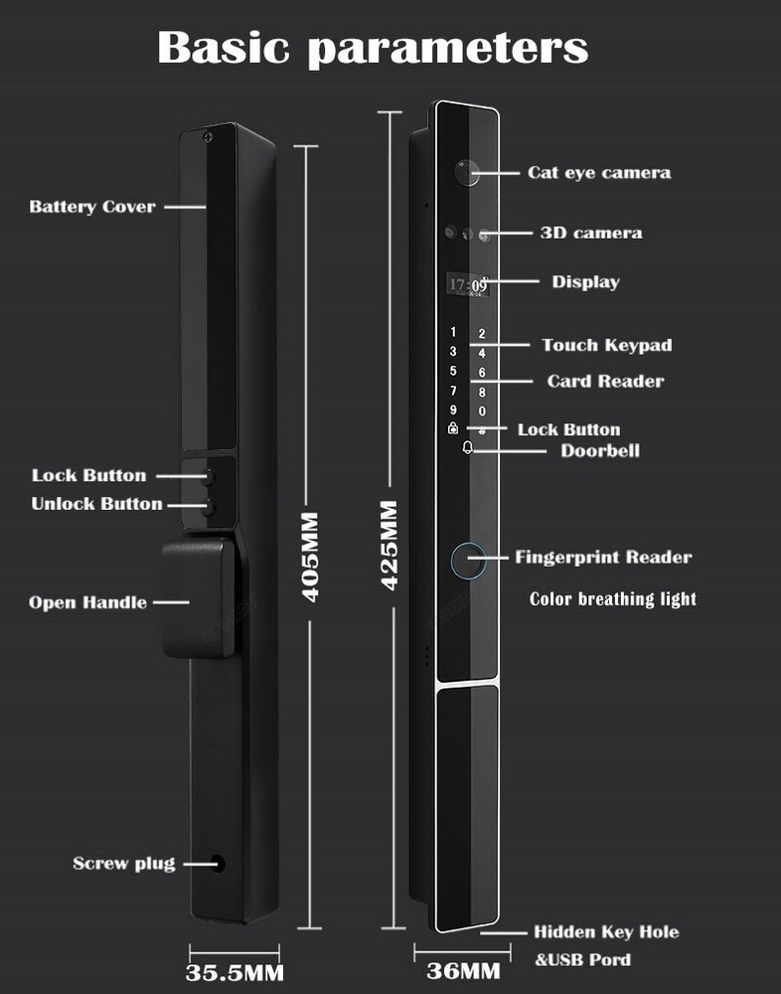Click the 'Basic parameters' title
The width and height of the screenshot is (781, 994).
[373, 47]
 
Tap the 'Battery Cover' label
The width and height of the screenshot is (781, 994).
[92, 207]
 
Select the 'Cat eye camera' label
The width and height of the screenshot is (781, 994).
[598, 172]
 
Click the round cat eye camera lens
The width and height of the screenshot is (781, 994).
[465, 172]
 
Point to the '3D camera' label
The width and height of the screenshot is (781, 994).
[590, 233]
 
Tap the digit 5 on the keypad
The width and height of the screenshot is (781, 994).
[453, 371]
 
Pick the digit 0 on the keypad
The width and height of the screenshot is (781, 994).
[482, 411]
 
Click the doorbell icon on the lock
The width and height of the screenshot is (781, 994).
[467, 448]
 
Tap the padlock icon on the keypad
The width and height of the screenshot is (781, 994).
[453, 428]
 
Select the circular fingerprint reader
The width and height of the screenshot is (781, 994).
[468, 562]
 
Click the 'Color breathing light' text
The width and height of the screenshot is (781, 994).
[612, 598]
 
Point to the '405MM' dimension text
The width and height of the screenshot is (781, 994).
[310, 557]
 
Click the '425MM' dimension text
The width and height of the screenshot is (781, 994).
[389, 545]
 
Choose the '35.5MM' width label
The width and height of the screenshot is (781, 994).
[234, 971]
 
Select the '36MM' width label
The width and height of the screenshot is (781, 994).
[462, 970]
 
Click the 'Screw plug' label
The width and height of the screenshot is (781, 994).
[123, 863]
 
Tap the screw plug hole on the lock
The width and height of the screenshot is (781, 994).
[218, 864]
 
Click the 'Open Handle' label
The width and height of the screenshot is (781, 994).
[87, 602]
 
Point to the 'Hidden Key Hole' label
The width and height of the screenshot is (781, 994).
[606, 932]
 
